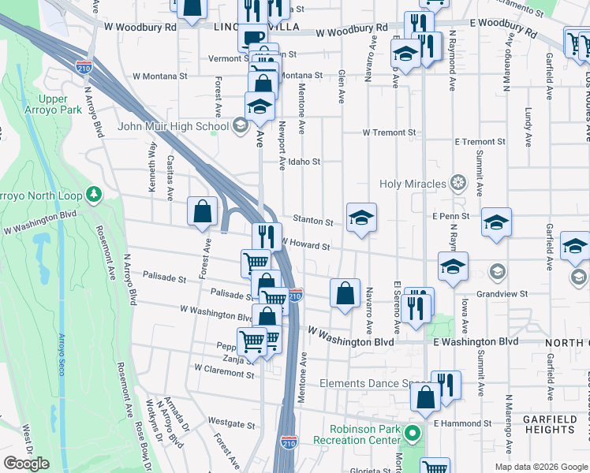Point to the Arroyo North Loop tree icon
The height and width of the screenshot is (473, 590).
(x=94, y=193)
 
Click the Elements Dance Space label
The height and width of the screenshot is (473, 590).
(x=373, y=384)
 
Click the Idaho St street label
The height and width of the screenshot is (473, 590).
(x=304, y=162)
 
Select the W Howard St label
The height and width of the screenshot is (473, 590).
(x=304, y=245)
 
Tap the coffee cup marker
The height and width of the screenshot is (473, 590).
(x=252, y=38)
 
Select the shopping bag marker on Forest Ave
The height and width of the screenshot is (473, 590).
(x=203, y=211)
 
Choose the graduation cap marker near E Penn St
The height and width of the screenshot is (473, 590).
(x=496, y=222)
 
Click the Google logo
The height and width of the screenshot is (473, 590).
(x=26, y=464)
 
